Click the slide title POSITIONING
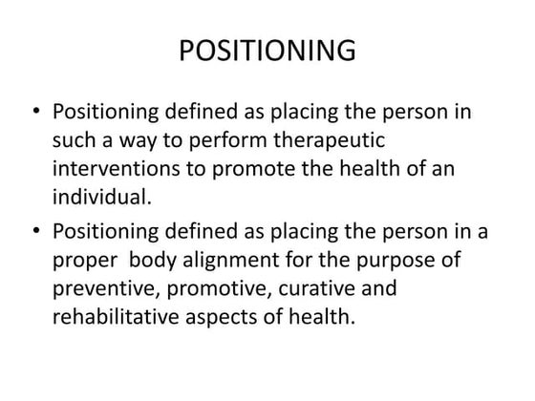[x=267, y=50]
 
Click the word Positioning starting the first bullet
[x=105, y=111]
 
